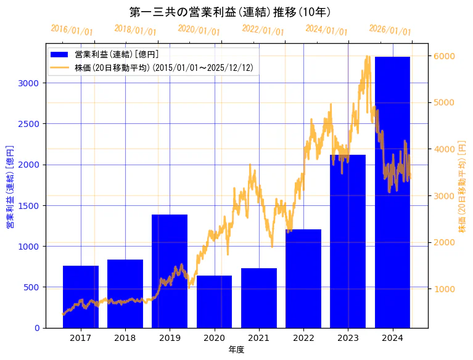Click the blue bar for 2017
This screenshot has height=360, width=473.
(81, 297)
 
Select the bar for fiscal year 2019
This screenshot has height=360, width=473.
(170, 271)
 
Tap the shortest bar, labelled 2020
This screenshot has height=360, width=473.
(214, 301)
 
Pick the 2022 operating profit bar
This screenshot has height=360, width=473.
(303, 279)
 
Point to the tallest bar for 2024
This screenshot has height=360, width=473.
(392, 192)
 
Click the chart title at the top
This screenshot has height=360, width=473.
(230, 12)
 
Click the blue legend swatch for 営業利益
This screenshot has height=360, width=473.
(60, 54)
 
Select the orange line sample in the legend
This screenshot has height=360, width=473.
(60, 67)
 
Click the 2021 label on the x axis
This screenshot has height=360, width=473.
(258, 338)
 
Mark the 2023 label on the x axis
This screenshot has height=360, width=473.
(348, 338)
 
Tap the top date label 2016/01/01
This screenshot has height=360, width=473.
(72, 31)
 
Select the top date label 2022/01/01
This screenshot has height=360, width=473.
(263, 31)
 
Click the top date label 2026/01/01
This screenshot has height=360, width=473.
(390, 31)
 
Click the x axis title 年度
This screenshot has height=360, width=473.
(236, 350)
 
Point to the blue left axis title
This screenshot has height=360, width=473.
(10, 187)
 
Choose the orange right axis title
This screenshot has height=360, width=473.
(462, 187)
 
